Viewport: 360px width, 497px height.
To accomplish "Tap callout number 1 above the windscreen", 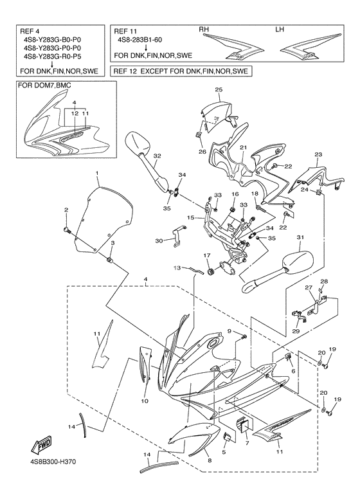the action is pyautogui.click(x=97, y=173).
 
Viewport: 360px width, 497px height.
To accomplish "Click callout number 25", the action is pyautogui.click(x=219, y=90).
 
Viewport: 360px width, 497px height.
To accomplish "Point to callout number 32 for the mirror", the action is pyautogui.click(x=157, y=156).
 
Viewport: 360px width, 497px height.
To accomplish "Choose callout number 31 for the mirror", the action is pyautogui.click(x=300, y=237).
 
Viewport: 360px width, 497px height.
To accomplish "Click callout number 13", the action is pyautogui.click(x=177, y=268).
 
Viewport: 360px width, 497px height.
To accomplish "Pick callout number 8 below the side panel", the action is pyautogui.click(x=210, y=460).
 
